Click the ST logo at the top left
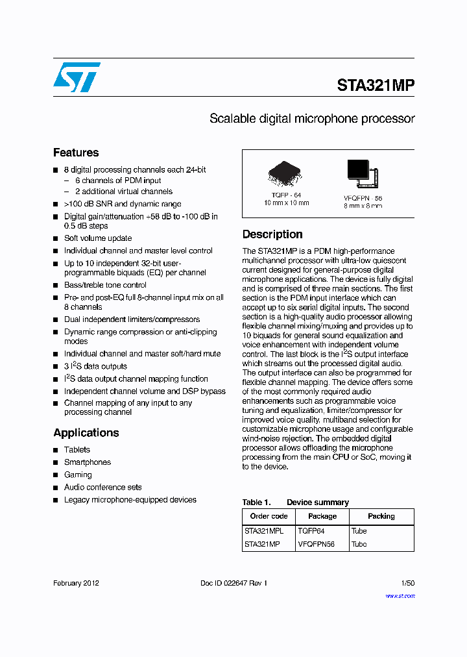click(x=77, y=77)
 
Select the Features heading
click(x=76, y=153)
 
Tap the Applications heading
click(x=86, y=432)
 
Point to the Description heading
click(x=272, y=234)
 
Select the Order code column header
click(x=269, y=516)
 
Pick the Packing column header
click(x=381, y=516)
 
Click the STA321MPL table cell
click(x=264, y=530)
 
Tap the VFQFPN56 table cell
click(x=317, y=544)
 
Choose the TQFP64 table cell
click(x=311, y=530)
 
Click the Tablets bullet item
click(x=77, y=450)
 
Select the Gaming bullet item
click(x=78, y=475)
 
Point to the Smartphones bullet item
click(x=88, y=462)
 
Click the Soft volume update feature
click(x=98, y=238)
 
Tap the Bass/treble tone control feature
click(x=105, y=285)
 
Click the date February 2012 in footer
click(x=76, y=583)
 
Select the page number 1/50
click(x=408, y=583)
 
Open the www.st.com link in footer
click(x=400, y=595)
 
